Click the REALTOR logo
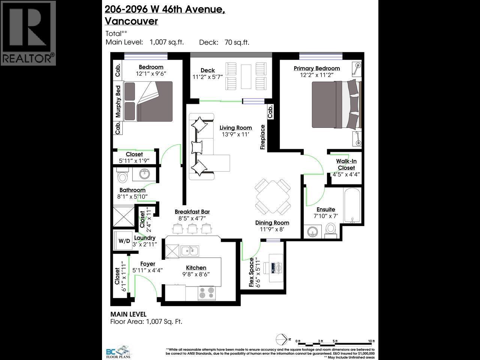28,33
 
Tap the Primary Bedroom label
316,68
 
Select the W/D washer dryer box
124,241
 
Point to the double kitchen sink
190,250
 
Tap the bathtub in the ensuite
352,206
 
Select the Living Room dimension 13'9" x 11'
235,134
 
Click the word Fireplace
263,137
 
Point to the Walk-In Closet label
346,164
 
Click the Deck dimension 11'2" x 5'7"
207,76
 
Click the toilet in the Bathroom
123,176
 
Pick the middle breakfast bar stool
192,228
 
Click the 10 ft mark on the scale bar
371,341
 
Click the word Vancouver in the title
131,21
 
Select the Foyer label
147,264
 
